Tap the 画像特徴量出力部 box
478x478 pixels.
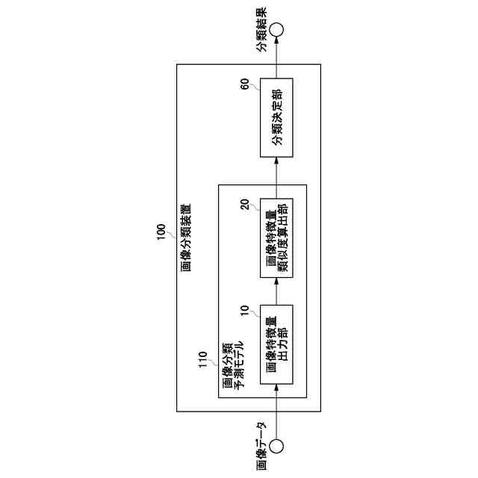pos(276,344)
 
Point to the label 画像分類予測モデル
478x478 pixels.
pos(232,364)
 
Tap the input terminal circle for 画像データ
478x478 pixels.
pos(276,447)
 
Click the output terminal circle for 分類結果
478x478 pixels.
pos(276,31)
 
